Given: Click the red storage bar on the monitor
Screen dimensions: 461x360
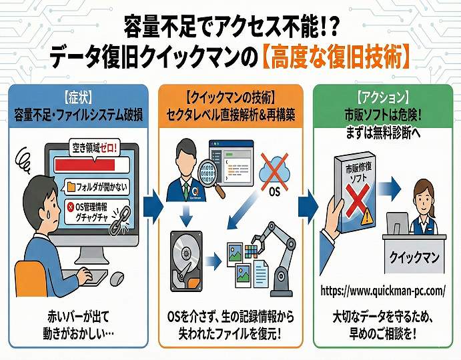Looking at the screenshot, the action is (x=85, y=165).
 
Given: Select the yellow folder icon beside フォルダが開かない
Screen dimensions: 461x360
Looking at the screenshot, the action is (x=71, y=187).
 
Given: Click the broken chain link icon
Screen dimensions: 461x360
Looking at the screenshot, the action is (x=120, y=220).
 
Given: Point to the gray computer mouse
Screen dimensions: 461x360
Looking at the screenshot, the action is (x=117, y=279).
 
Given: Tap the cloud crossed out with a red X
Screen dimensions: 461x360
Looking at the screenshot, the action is (x=274, y=171).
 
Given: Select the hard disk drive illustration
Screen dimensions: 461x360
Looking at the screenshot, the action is (x=186, y=261).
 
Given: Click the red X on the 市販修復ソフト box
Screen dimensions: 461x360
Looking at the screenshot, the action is (x=358, y=201).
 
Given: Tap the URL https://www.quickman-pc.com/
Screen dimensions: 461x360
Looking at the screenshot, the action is (x=383, y=291).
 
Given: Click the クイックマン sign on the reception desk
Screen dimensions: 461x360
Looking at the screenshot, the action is (x=414, y=258).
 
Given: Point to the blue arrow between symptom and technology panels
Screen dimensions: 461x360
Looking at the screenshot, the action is (x=153, y=207).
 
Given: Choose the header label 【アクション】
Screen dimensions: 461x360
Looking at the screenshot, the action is (x=383, y=97).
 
